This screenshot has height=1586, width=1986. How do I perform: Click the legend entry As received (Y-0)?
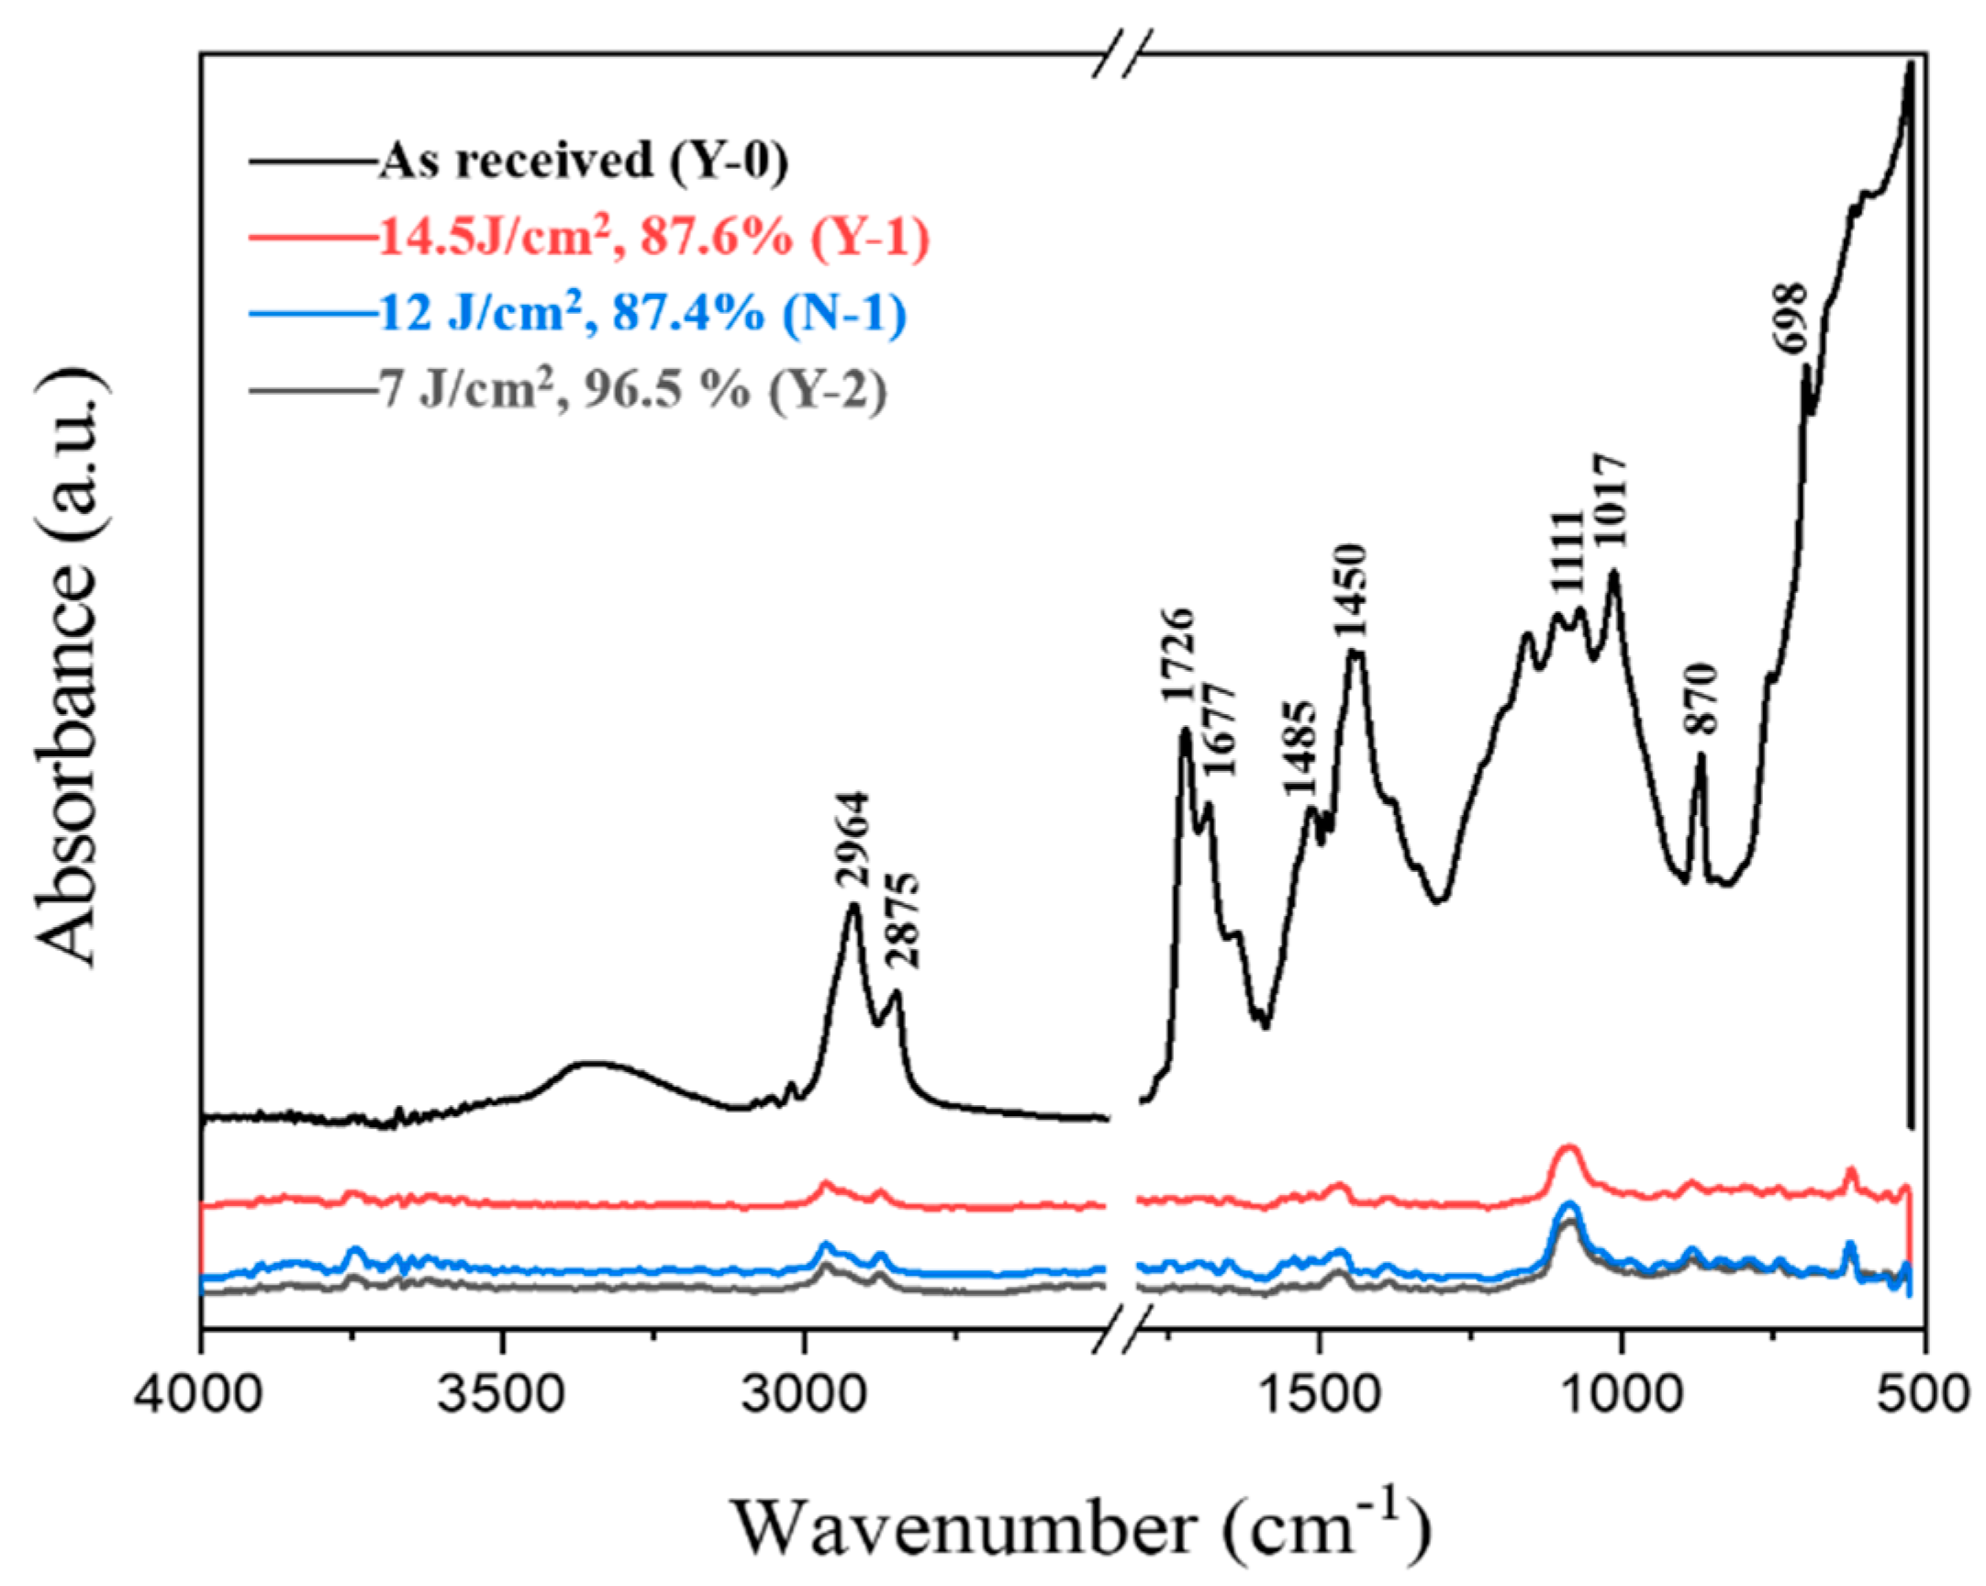tap(583, 162)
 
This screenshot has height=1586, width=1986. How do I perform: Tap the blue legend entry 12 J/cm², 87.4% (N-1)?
tap(642, 313)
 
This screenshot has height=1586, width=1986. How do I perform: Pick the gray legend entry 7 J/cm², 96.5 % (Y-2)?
tap(632, 390)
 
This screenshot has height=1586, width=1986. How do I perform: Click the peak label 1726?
tap(1178, 655)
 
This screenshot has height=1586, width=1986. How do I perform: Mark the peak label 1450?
tap(1351, 591)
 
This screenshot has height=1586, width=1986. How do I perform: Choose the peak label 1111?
tap(1565, 552)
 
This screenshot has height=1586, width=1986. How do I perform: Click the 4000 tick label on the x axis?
tap(201, 1396)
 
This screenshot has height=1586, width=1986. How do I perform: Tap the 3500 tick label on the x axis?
tap(503, 1396)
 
